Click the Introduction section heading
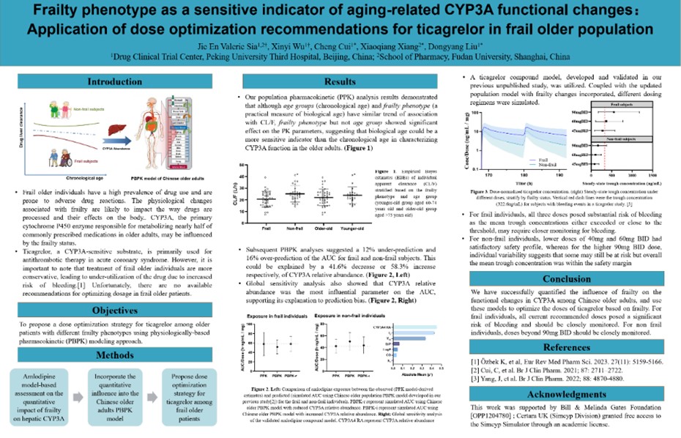[115, 82]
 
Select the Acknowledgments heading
[566, 393]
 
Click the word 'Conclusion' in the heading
[566, 279]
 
